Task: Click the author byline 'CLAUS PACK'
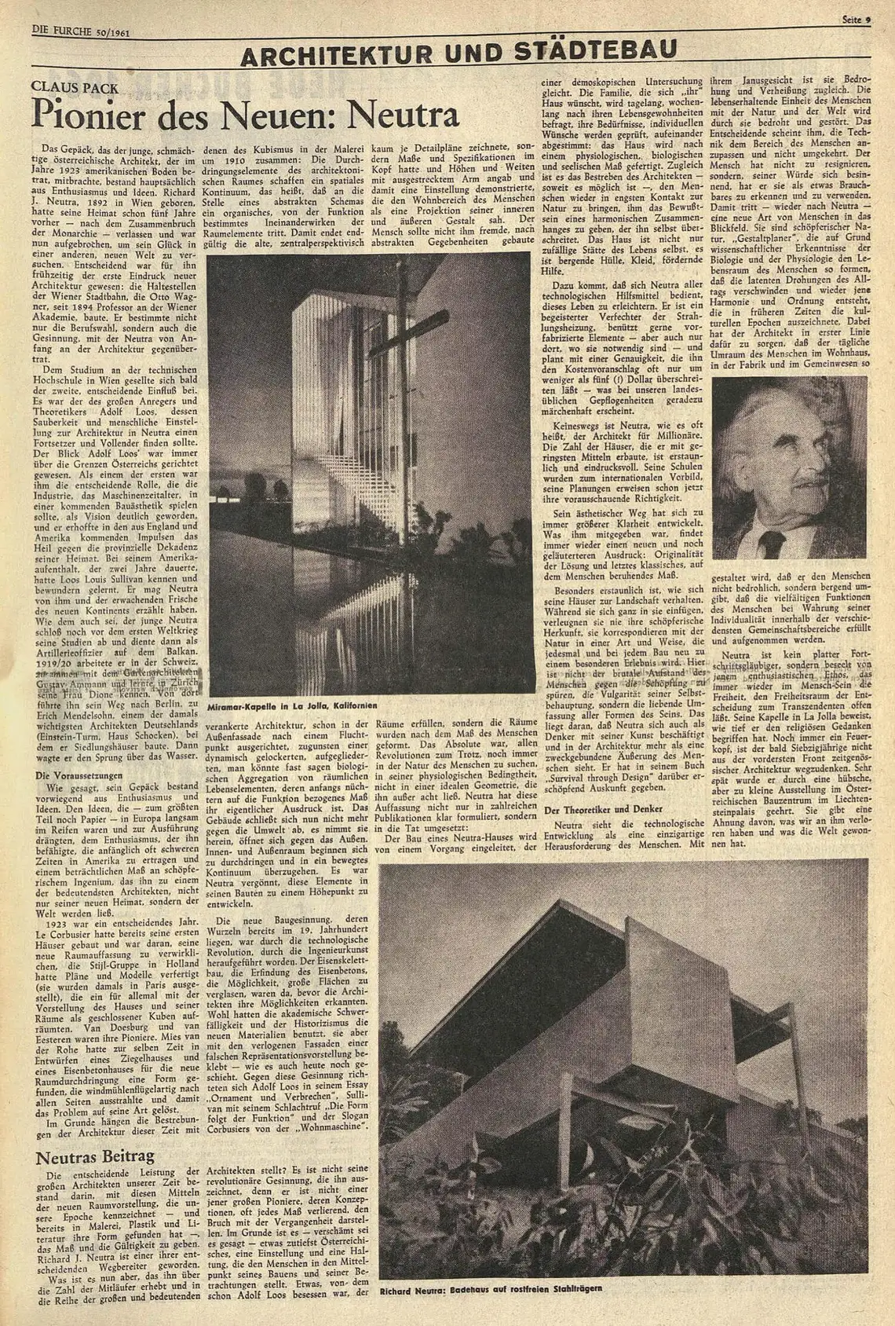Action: tap(70, 86)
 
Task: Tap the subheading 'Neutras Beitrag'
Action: tap(96, 1157)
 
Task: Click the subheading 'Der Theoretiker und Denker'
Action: tap(604, 808)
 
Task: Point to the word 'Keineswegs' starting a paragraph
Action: tap(574, 425)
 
